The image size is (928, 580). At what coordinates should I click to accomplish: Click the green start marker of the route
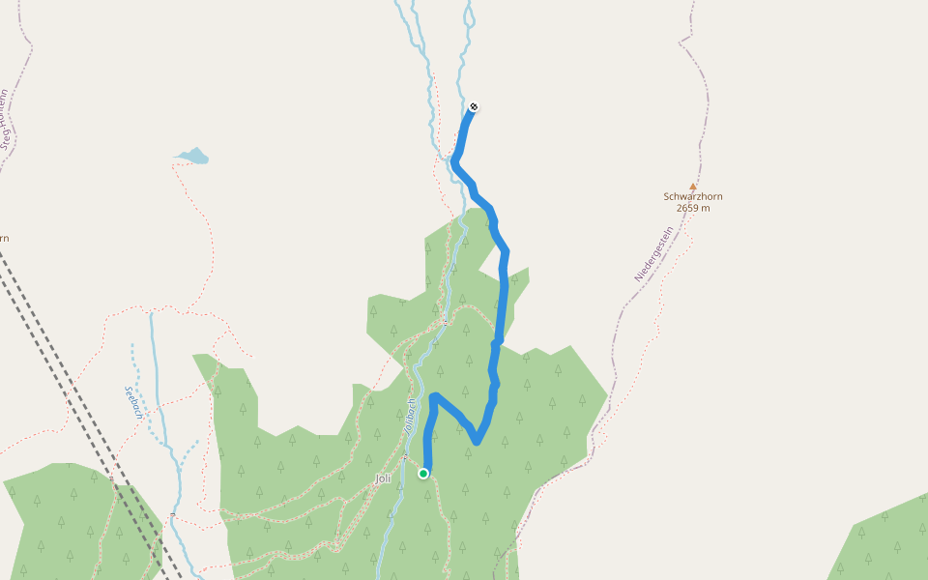pyautogui.click(x=423, y=474)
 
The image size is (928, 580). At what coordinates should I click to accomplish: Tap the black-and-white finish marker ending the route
pyautogui.click(x=474, y=107)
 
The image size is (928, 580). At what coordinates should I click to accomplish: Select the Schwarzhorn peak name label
pyautogui.click(x=692, y=196)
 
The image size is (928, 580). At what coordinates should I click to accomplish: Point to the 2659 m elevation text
pyautogui.click(x=693, y=208)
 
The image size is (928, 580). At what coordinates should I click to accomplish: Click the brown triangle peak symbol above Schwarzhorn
pyautogui.click(x=692, y=187)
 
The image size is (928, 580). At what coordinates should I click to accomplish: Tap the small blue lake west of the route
pyautogui.click(x=193, y=156)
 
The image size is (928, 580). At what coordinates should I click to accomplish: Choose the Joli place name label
pyautogui.click(x=383, y=478)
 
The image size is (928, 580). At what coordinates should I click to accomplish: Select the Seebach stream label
pyautogui.click(x=133, y=403)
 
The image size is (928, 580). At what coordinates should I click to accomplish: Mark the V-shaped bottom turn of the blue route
pyautogui.click(x=477, y=442)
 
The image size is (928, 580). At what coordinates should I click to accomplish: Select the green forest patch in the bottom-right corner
pyautogui.click(x=884, y=541)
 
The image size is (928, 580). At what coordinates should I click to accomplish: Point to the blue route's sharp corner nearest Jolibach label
pyautogui.click(x=434, y=396)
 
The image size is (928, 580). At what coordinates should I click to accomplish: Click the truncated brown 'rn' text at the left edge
pyautogui.click(x=4, y=238)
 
